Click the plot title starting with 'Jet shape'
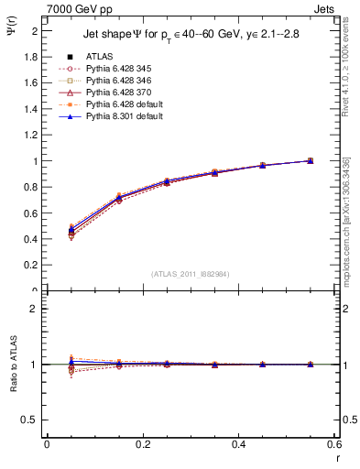pyautogui.click(x=191, y=36)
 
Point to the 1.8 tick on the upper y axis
pyautogui.click(x=31, y=56)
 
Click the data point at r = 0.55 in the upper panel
pyautogui.click(x=311, y=160)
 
